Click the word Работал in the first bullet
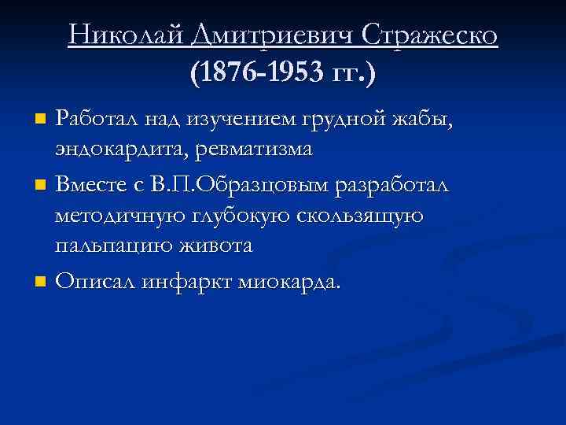point(100,119)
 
